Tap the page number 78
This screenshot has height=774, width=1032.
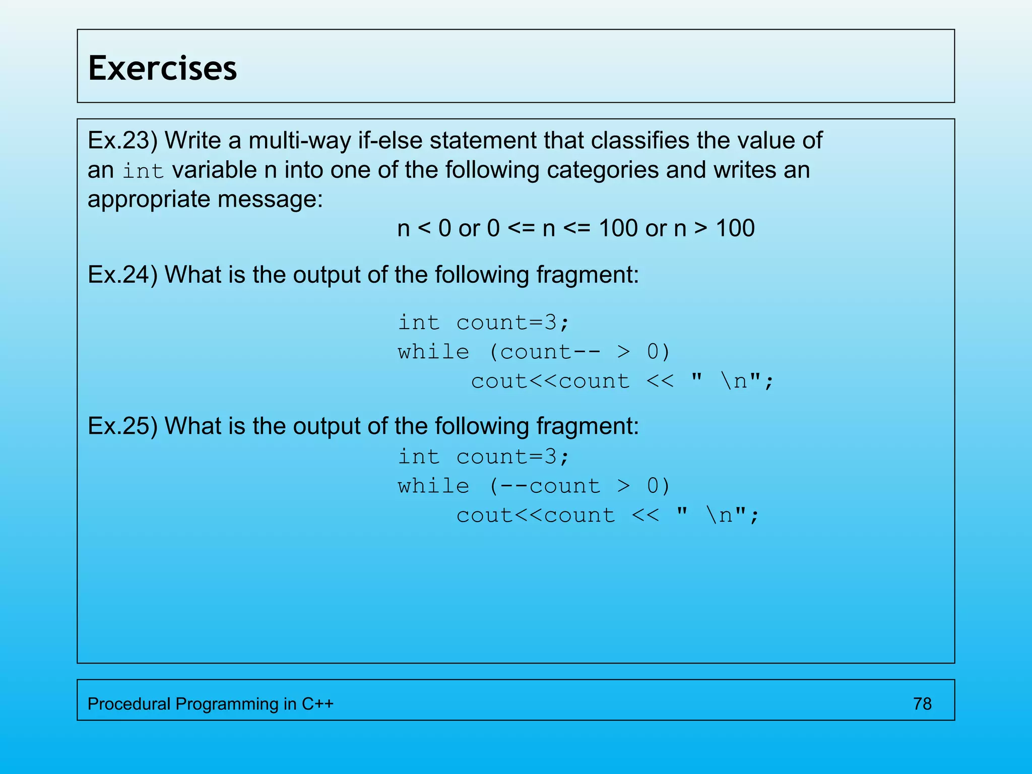[x=922, y=703]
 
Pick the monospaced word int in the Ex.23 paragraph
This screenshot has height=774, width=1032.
[x=144, y=171]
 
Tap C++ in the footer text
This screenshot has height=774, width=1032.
[x=317, y=703]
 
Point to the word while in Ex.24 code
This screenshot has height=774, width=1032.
[x=433, y=352]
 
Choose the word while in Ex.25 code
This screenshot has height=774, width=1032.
[x=433, y=486]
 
